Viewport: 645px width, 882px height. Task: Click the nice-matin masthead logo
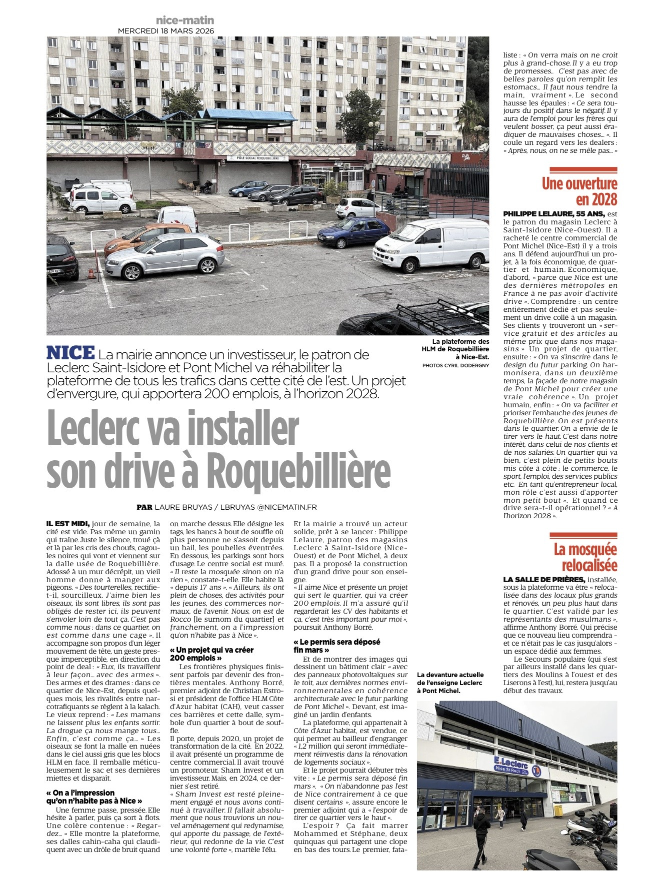pyautogui.click(x=184, y=20)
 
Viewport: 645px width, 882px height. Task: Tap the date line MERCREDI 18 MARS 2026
pyautogui.click(x=165, y=31)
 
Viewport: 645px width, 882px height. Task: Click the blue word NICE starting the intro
pyautogui.click(x=70, y=353)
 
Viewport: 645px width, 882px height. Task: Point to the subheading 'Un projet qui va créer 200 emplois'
pyautogui.click(x=211, y=654)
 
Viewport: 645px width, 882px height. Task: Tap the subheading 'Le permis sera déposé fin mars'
pyautogui.click(x=337, y=646)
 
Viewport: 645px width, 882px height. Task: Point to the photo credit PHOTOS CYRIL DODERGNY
pyautogui.click(x=455, y=365)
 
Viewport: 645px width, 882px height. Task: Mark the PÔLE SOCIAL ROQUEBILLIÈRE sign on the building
pyautogui.click(x=257, y=158)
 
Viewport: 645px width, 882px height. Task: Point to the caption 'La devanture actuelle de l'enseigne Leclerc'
pyautogui.click(x=450, y=683)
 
